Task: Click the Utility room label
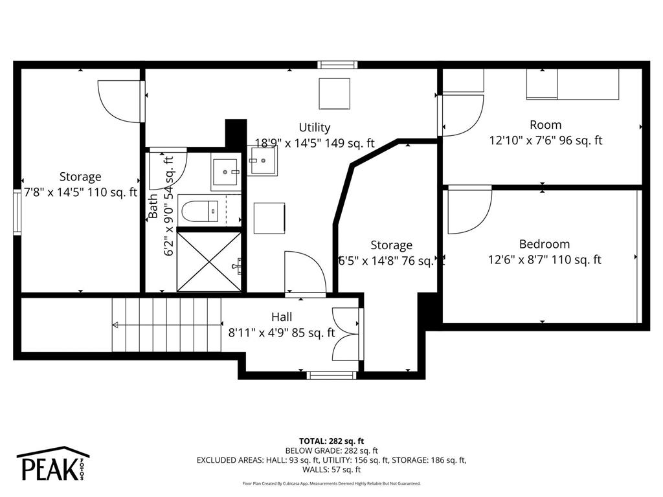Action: click(315, 127)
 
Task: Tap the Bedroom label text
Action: click(545, 244)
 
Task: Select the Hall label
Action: click(282, 317)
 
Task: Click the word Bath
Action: click(153, 206)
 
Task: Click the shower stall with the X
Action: click(210, 261)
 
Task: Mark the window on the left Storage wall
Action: click(17, 210)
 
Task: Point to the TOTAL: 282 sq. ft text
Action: click(331, 440)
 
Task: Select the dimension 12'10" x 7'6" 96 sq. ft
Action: click(545, 140)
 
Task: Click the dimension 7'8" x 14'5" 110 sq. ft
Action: click(80, 192)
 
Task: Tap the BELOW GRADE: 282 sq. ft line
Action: click(331, 450)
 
